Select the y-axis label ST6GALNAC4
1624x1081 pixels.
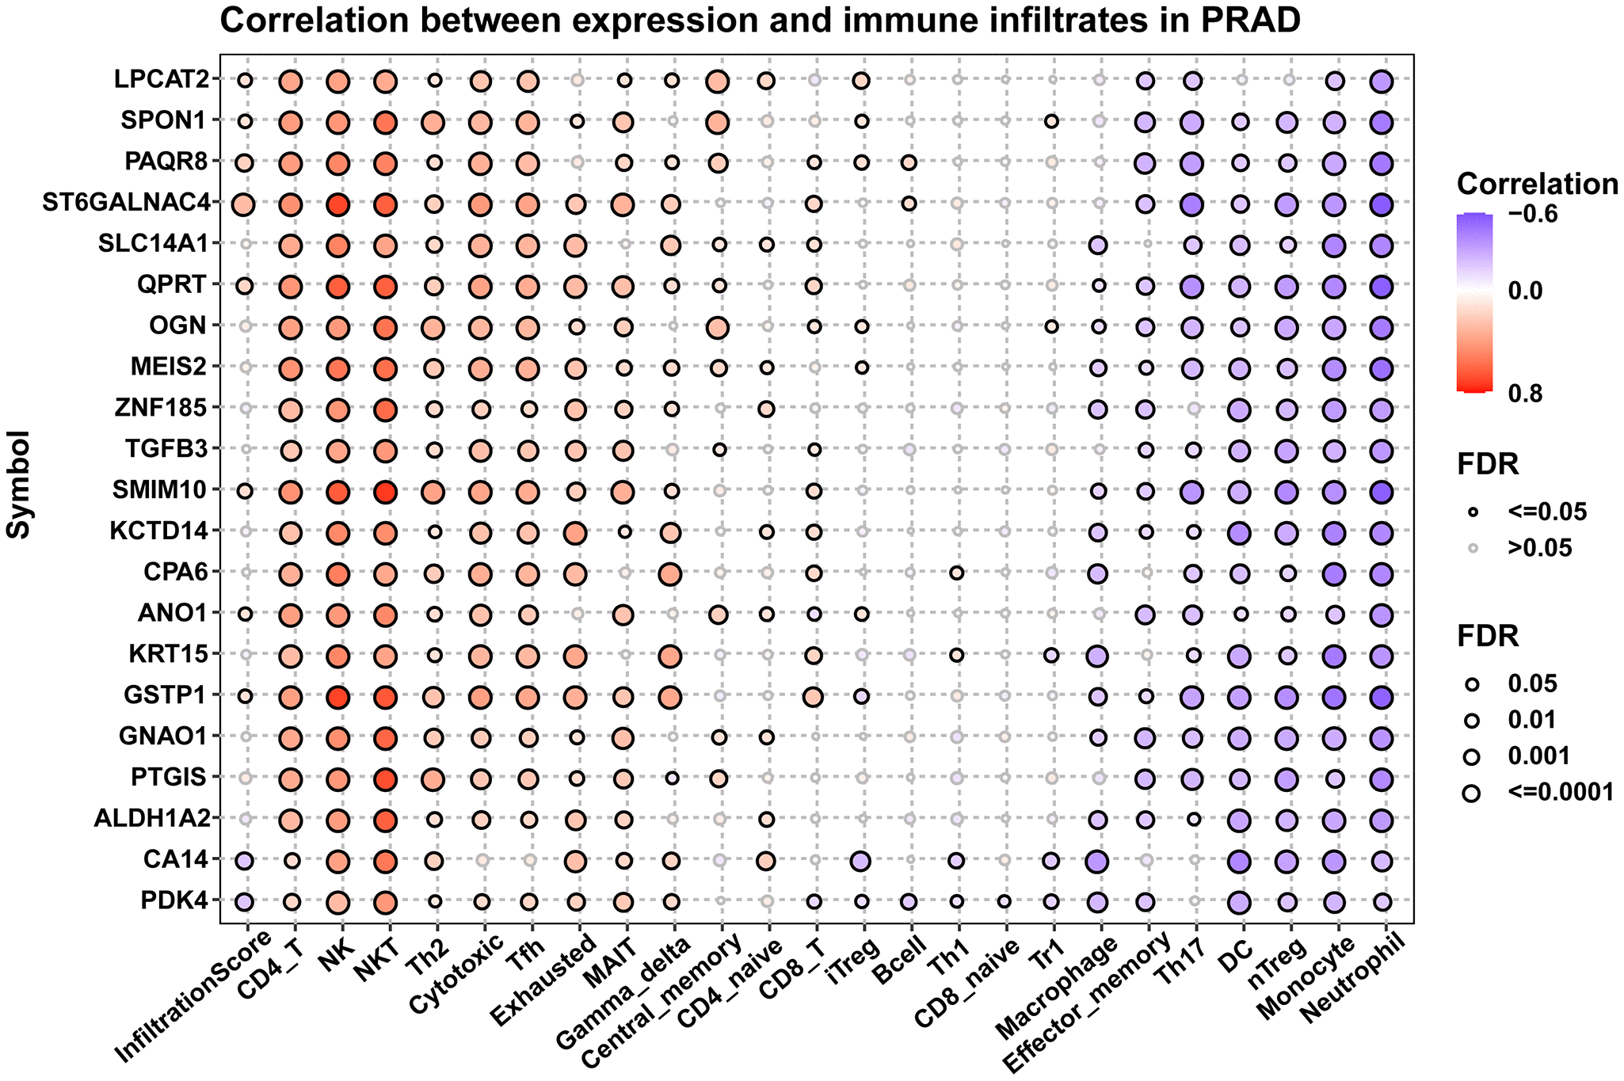pyautogui.click(x=128, y=204)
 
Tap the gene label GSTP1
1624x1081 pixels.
pyautogui.click(x=166, y=695)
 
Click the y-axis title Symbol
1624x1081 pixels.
pyautogui.click(x=19, y=485)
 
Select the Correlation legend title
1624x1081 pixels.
pyautogui.click(x=1537, y=185)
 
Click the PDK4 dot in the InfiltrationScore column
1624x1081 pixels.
pyautogui.click(x=245, y=901)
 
